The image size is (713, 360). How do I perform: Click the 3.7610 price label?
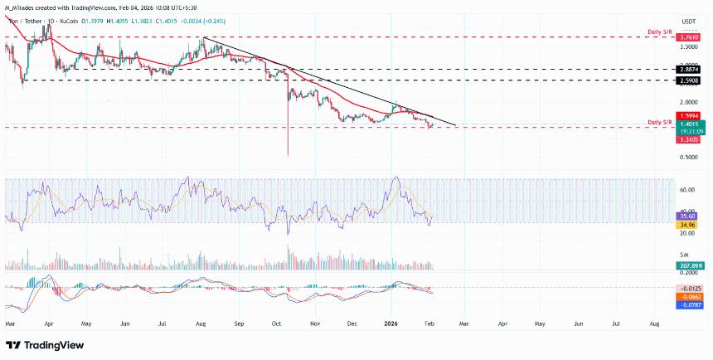[x=690, y=37]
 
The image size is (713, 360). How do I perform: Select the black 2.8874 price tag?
[x=690, y=70]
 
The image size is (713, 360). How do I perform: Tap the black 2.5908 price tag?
[x=690, y=80]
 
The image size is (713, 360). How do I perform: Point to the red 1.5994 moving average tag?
[x=690, y=115]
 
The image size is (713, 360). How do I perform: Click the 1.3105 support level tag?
[x=690, y=140]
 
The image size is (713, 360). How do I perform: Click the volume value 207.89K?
[x=690, y=265]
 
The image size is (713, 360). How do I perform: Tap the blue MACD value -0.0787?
[x=690, y=304]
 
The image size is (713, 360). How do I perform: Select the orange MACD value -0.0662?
[x=690, y=296]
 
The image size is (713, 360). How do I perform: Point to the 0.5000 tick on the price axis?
[x=689, y=156]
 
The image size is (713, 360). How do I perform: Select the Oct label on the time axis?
[x=277, y=319]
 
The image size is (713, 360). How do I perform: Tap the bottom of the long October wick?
[x=288, y=154]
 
